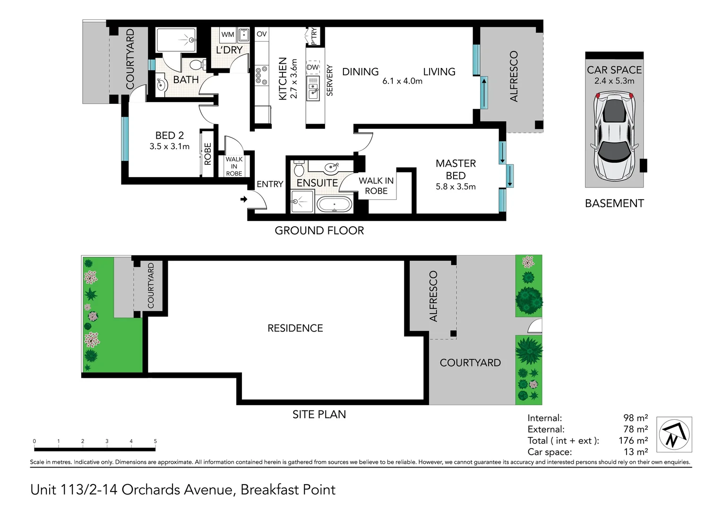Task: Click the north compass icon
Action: pyautogui.click(x=674, y=434)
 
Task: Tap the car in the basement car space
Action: pyautogui.click(x=614, y=137)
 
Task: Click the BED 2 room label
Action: pyautogui.click(x=169, y=136)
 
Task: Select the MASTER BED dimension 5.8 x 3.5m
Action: pyautogui.click(x=456, y=187)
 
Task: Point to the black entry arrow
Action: pyautogui.click(x=244, y=199)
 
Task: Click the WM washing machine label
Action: pyautogui.click(x=228, y=34)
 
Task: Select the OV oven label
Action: pyautogui.click(x=261, y=34)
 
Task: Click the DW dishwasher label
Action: pyautogui.click(x=313, y=68)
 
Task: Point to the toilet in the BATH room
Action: pyautogui.click(x=198, y=65)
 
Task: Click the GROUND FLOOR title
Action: pyautogui.click(x=319, y=231)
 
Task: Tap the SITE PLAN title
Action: pyautogui.click(x=319, y=415)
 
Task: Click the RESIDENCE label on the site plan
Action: pyautogui.click(x=295, y=328)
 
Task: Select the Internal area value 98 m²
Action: pyautogui.click(x=635, y=418)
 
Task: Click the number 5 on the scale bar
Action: pyautogui.click(x=155, y=441)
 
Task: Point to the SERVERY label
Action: pyautogui.click(x=330, y=81)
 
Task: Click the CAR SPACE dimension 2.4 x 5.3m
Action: pyautogui.click(x=614, y=81)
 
